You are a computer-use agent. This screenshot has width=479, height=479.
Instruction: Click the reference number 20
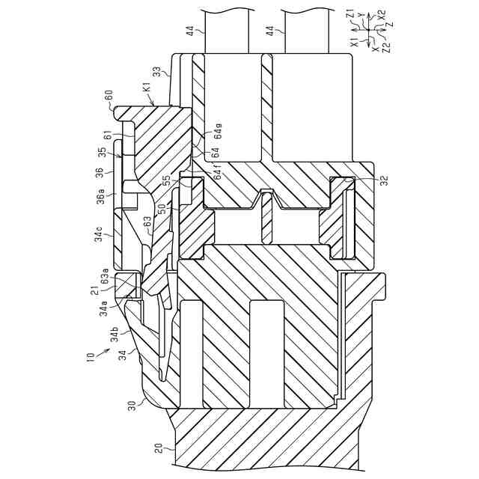pos(159,452)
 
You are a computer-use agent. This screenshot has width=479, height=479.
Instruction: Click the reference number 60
pos(109,96)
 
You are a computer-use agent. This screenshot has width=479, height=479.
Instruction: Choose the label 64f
pos(218,178)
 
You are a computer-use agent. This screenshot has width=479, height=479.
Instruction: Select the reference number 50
pos(161,210)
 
